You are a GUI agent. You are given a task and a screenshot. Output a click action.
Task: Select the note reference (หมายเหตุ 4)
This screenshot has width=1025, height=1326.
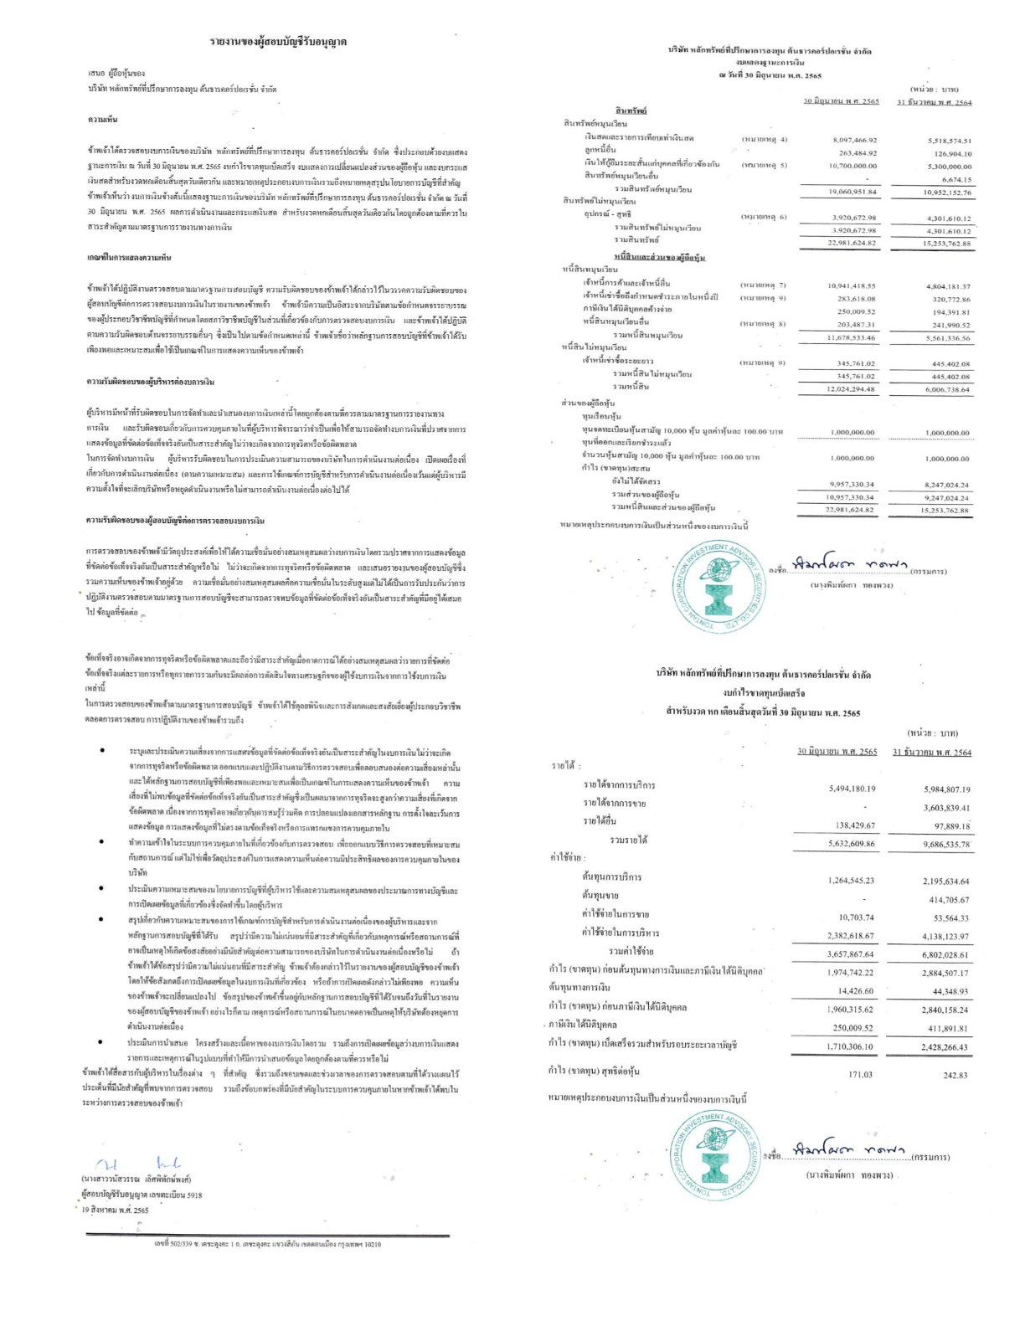(x=763, y=139)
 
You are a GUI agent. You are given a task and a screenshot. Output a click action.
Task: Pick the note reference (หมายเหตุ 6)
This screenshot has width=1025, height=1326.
(x=763, y=217)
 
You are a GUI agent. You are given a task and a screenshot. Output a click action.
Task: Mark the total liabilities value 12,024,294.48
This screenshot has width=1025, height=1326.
(x=851, y=389)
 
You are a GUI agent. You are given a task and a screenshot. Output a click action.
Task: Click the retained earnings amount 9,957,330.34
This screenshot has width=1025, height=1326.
(x=851, y=484)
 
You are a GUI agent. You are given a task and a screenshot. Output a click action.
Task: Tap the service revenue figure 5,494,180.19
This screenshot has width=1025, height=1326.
(x=852, y=789)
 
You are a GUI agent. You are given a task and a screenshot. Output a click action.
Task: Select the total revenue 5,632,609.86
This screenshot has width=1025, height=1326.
(x=851, y=844)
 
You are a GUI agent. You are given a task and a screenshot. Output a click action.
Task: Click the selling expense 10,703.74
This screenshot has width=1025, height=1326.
(x=855, y=917)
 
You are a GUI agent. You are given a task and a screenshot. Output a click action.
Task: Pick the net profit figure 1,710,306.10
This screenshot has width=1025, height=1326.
(x=849, y=1046)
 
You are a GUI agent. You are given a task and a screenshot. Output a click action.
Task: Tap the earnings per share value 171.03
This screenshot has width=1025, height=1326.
(x=859, y=1074)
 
